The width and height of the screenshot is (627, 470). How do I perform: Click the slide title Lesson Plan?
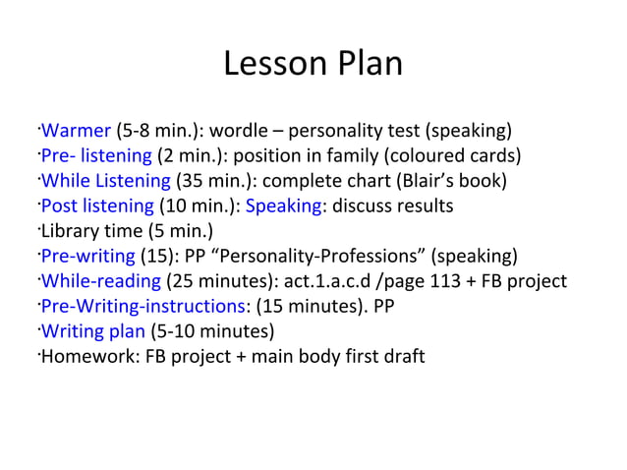(313, 64)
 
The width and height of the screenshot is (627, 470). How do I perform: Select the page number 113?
(449, 281)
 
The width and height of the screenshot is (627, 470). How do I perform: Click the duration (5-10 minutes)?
(212, 331)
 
